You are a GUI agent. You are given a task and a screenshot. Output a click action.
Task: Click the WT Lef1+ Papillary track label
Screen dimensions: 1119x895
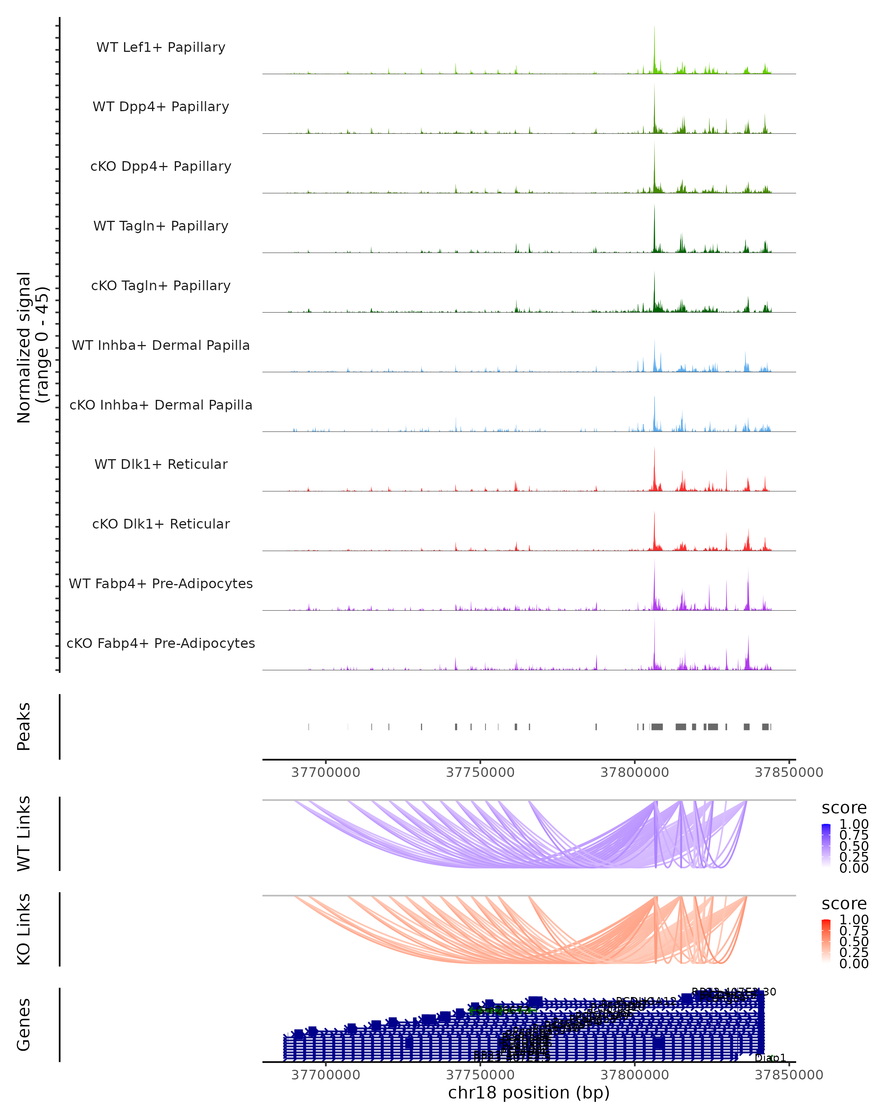(x=161, y=47)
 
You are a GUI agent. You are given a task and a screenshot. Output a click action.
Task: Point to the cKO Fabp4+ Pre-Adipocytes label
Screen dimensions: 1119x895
(x=161, y=643)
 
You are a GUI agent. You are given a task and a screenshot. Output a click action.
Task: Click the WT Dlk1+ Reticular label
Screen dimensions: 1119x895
(x=161, y=464)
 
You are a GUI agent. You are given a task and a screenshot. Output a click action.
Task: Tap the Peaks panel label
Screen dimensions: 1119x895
(x=24, y=726)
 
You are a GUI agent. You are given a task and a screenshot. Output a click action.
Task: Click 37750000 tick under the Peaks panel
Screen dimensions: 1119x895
(x=480, y=772)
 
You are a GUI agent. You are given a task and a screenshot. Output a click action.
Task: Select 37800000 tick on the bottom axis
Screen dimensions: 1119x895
(x=635, y=1075)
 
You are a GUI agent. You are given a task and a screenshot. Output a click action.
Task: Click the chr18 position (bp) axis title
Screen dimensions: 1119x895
(x=529, y=1093)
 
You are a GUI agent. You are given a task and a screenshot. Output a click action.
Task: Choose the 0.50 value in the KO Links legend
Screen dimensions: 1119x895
(x=854, y=941)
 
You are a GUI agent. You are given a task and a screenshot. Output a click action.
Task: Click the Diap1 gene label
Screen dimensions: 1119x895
(x=770, y=1058)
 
